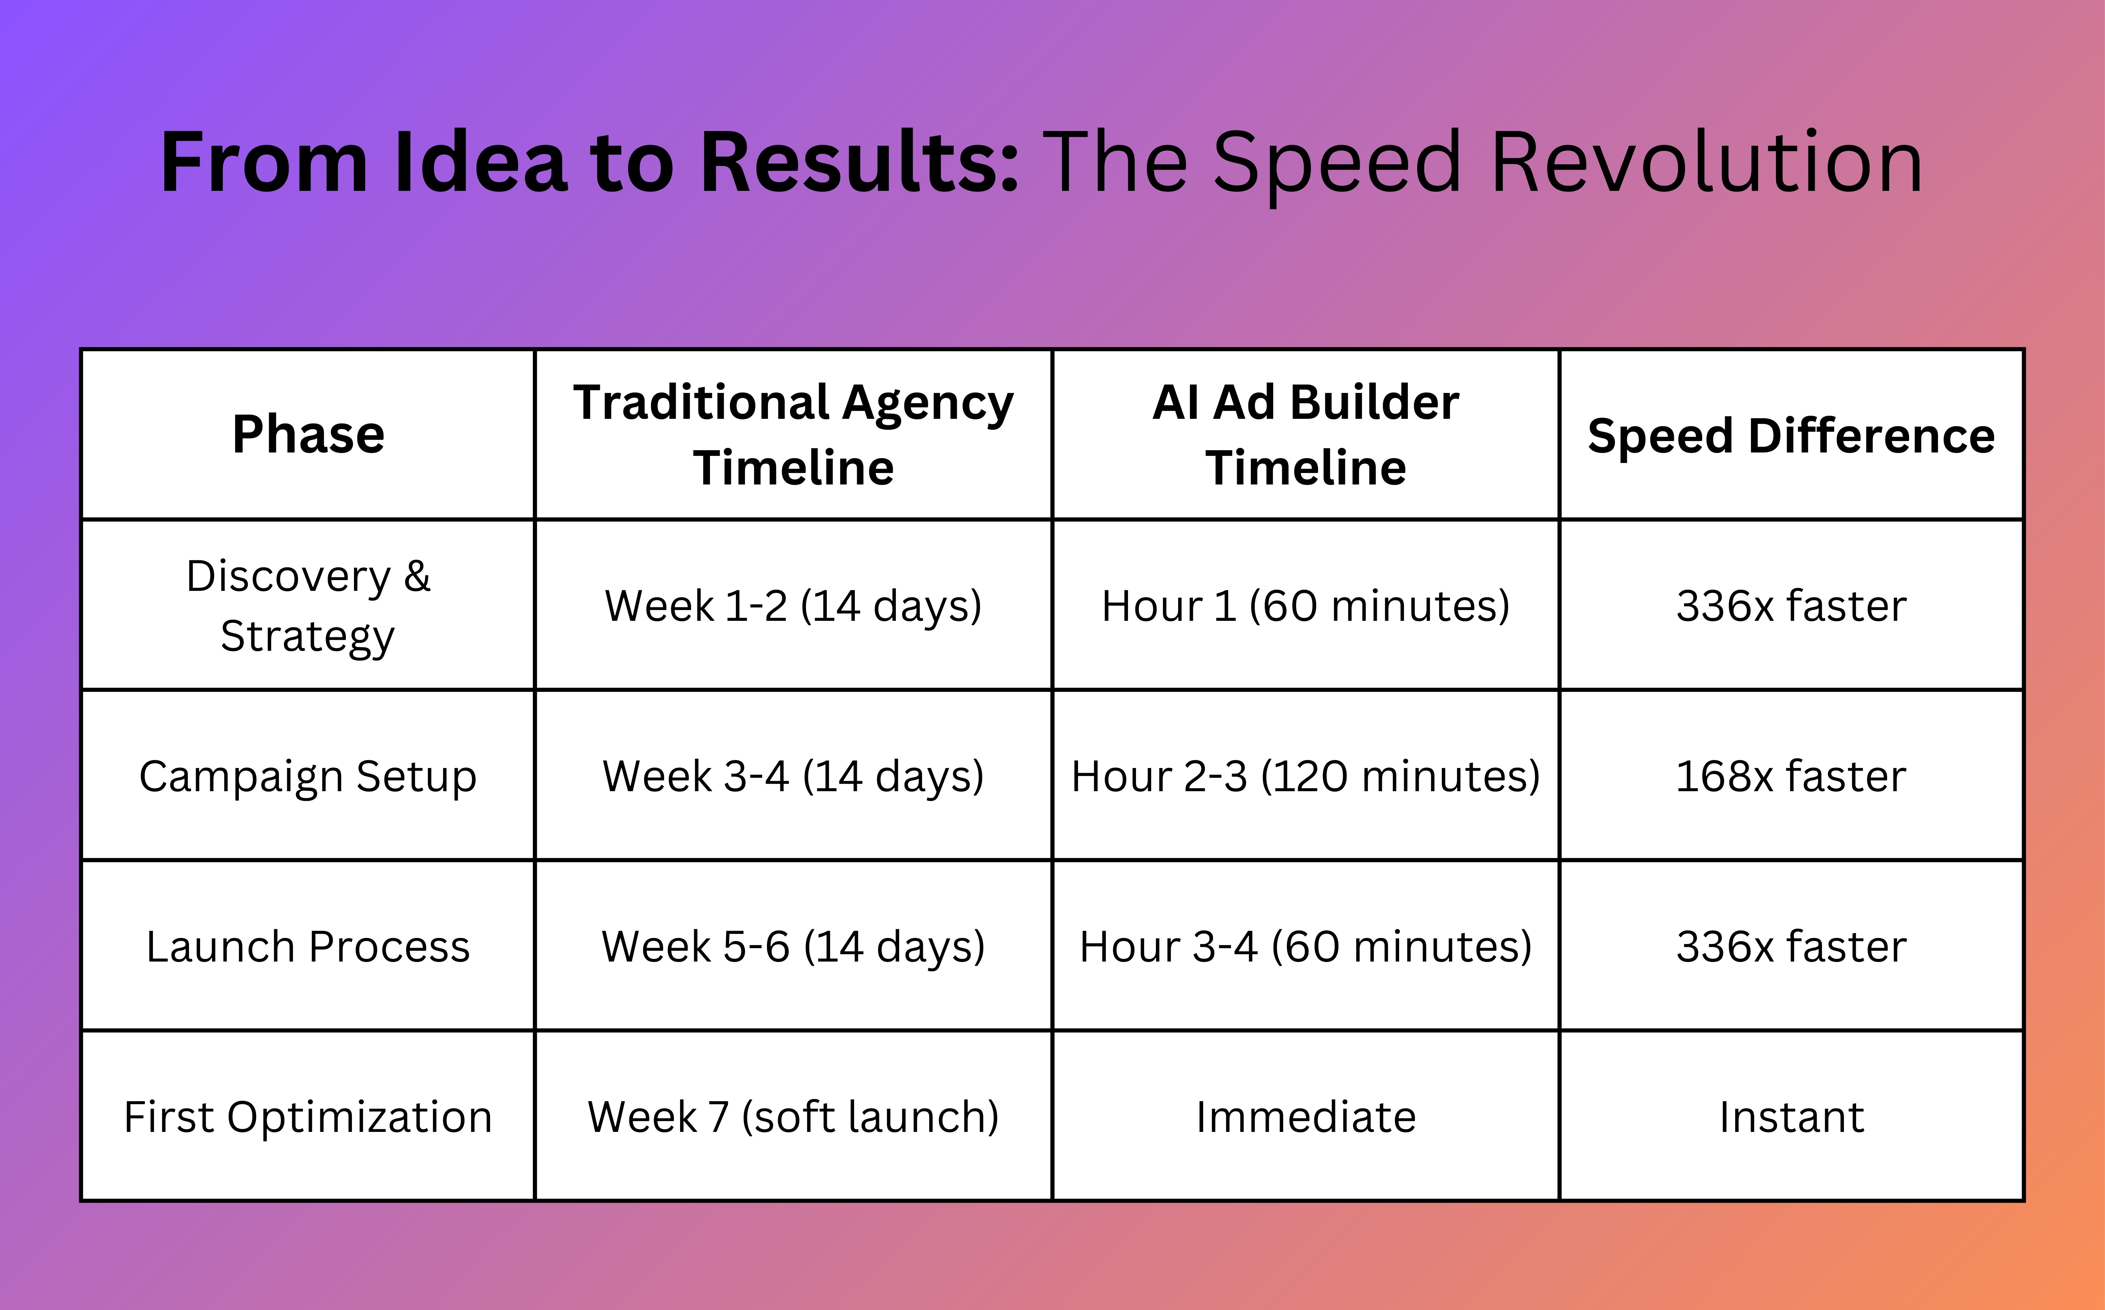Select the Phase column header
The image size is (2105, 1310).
(307, 434)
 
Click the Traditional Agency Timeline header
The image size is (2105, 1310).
(793, 434)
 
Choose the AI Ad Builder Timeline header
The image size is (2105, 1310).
(1305, 434)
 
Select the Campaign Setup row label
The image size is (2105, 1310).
(307, 775)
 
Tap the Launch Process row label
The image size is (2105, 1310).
(307, 946)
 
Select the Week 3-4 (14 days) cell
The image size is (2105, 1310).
(793, 775)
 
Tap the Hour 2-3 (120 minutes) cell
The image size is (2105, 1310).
(1305, 775)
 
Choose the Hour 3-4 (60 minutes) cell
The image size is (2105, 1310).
(1305, 946)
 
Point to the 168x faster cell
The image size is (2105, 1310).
(1790, 775)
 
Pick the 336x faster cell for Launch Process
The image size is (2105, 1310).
(1790, 946)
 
